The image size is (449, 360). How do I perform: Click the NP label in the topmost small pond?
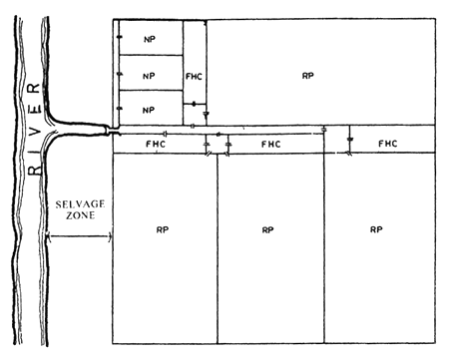pos(150,41)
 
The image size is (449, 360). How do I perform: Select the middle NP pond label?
pos(150,76)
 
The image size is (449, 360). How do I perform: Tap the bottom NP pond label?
pos(150,109)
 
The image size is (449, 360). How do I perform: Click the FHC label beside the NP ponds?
pos(196,76)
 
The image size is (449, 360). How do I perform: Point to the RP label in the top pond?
pos(308,76)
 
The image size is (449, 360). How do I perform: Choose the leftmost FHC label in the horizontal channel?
pos(156,145)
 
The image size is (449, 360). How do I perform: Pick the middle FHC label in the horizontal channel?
pos(270,145)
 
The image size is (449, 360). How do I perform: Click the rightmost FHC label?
pos(388,145)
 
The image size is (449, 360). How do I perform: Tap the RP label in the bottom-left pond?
pos(162,229)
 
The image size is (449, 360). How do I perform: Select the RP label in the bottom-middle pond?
pos(267,229)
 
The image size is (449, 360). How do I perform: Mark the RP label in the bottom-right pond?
pos(376,229)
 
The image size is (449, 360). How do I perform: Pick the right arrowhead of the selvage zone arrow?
pos(107,236)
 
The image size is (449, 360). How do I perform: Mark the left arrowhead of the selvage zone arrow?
pos(48,236)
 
